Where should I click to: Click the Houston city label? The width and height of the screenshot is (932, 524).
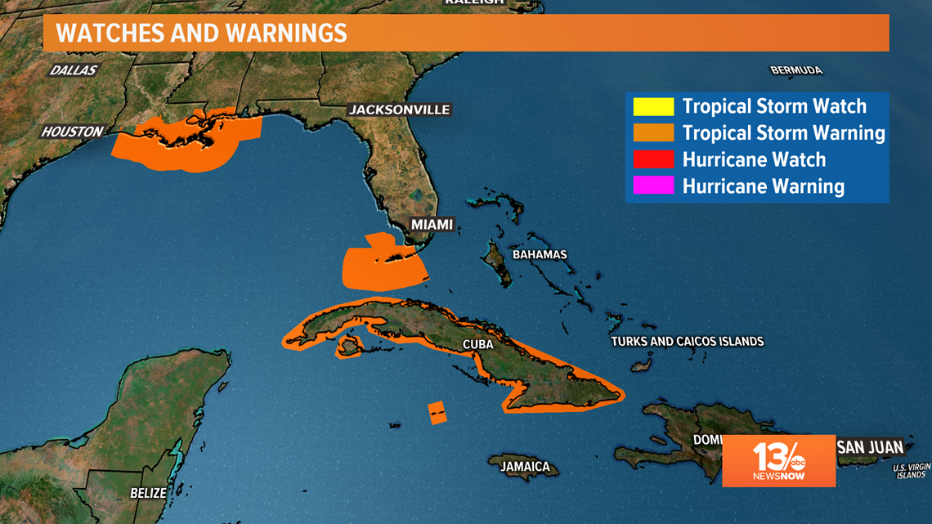(73, 132)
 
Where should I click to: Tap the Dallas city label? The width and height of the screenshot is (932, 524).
(74, 70)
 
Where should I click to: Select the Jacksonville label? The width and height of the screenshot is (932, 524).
(399, 110)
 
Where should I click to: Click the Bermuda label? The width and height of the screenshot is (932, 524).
(796, 70)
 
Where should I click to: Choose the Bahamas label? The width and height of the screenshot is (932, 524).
(540, 254)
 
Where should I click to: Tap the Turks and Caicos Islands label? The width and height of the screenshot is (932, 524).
(687, 341)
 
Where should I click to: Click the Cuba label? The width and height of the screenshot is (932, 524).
(478, 344)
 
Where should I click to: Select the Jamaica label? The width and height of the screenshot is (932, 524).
(525, 467)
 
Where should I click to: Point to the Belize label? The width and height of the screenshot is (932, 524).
(148, 493)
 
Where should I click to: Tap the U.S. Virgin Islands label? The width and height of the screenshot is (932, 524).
(911, 471)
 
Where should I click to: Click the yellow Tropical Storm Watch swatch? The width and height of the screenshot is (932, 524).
(653, 106)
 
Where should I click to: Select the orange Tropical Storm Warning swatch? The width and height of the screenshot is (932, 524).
(653, 132)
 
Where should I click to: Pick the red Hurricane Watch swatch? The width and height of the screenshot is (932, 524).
(653, 159)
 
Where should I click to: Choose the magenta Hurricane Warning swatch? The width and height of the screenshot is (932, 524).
(653, 186)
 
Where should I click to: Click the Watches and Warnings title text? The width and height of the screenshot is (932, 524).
(201, 34)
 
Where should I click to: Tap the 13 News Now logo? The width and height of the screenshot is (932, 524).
(778, 461)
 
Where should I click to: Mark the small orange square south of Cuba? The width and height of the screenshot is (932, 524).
(437, 412)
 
